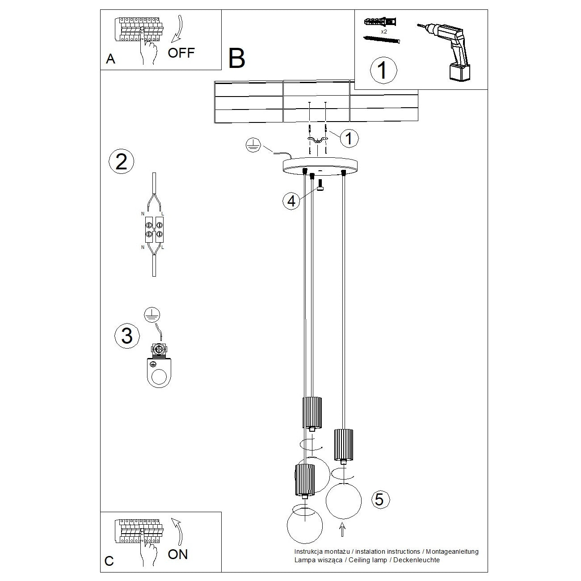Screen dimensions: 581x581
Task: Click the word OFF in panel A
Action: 181,53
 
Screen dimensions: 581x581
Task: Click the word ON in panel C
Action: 178,554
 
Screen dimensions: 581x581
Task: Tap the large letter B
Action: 236,58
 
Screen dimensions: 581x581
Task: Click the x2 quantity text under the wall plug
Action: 384,32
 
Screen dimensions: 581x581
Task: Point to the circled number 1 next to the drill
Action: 383,70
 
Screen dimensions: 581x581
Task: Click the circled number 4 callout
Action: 291,201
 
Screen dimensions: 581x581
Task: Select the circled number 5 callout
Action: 379,499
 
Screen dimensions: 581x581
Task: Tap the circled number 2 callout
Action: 121,161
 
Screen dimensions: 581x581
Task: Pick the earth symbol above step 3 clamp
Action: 152,315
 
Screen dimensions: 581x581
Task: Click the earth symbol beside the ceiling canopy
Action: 253,145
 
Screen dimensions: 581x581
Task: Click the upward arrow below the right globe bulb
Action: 342,530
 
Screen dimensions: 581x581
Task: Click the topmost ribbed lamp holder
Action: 312,411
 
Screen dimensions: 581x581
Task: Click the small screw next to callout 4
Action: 320,184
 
